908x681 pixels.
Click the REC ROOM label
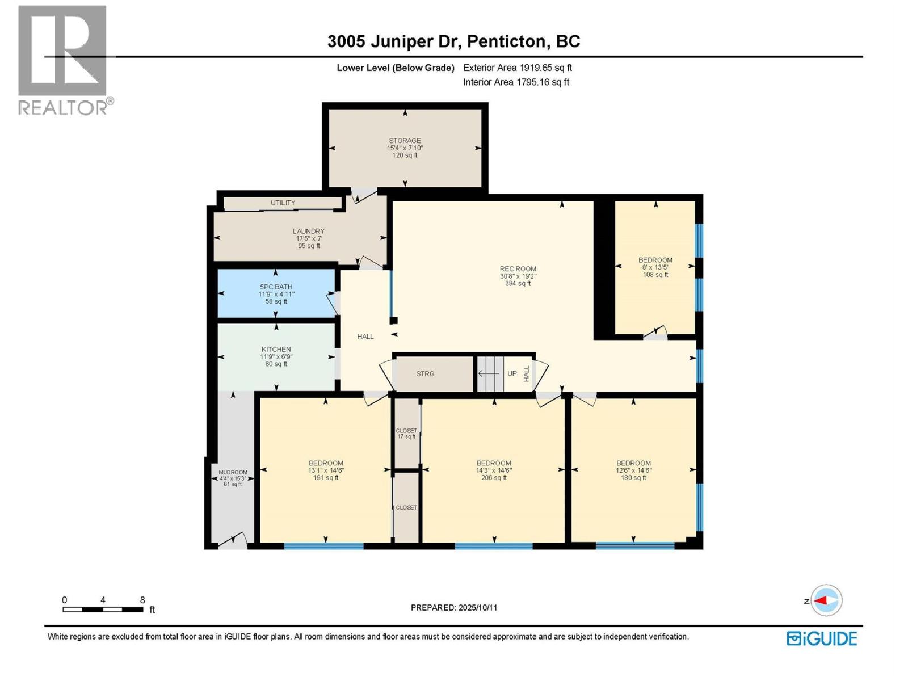(x=518, y=269)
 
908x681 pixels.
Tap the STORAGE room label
(x=405, y=141)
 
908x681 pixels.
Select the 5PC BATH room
(x=276, y=293)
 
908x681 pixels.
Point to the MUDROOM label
(x=233, y=473)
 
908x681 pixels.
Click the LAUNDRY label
(x=308, y=232)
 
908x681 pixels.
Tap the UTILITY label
(x=283, y=203)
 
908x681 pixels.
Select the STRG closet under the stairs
(x=425, y=374)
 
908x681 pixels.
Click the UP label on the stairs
(x=512, y=374)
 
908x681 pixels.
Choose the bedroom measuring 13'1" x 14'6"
(x=326, y=470)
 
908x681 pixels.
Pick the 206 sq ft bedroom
(x=494, y=470)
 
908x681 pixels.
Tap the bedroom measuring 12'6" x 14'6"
(x=633, y=470)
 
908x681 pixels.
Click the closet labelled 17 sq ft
(x=406, y=434)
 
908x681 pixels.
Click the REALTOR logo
(x=63, y=60)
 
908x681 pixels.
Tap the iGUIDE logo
(x=821, y=638)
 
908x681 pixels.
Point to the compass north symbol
(x=826, y=601)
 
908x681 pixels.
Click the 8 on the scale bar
(x=142, y=600)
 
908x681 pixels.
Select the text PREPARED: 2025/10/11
(x=454, y=608)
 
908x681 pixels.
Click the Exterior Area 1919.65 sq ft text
(x=517, y=68)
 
